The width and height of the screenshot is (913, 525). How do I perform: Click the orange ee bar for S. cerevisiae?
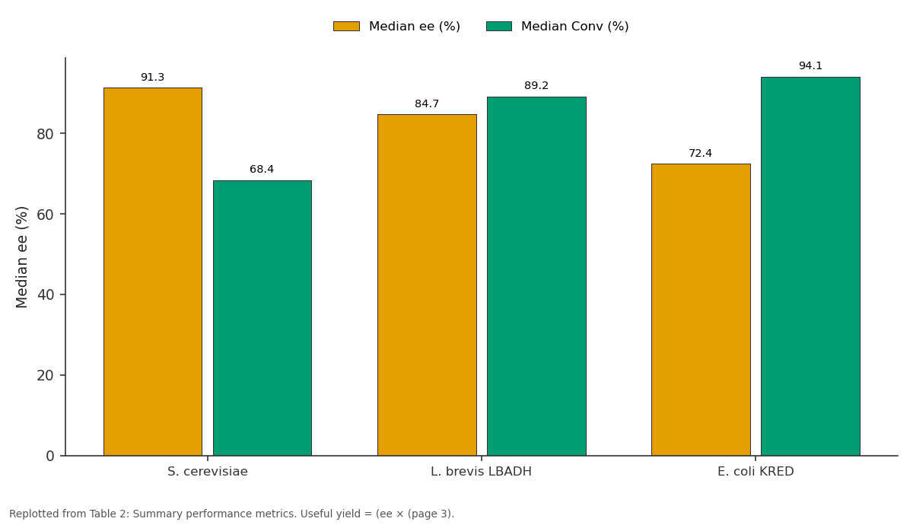(153, 272)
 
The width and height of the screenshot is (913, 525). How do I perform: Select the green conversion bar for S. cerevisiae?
(262, 318)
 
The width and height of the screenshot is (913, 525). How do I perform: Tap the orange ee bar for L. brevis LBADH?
(427, 285)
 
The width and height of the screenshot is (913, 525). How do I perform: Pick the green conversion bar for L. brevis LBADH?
(536, 276)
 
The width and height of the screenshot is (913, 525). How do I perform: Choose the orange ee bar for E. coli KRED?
(701, 310)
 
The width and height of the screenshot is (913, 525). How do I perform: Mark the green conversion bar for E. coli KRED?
(810, 266)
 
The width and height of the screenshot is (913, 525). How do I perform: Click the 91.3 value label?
(152, 77)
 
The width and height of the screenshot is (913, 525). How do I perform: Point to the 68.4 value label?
(262, 169)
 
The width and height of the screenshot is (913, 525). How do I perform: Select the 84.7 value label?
(427, 104)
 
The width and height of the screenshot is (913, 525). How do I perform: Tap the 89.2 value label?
(536, 85)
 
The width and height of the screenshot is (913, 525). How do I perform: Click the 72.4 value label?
(700, 153)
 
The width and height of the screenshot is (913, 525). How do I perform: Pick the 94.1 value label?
(810, 65)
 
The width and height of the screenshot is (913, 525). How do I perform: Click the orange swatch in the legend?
(346, 26)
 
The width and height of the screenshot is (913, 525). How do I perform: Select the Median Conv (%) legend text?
(574, 26)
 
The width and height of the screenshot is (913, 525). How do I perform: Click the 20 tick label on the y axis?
(45, 375)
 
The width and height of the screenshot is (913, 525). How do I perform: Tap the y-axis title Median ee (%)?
(21, 257)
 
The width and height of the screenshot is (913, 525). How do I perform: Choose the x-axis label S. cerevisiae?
(208, 472)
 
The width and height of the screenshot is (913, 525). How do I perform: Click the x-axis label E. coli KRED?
(756, 472)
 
